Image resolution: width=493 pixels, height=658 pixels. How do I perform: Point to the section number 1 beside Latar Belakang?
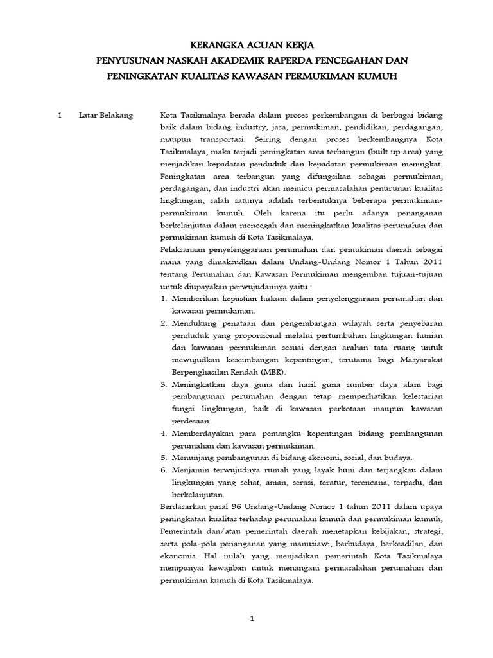click(59, 115)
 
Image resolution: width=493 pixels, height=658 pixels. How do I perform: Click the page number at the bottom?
click(252, 619)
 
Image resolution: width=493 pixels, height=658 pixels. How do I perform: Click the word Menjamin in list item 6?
click(189, 470)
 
